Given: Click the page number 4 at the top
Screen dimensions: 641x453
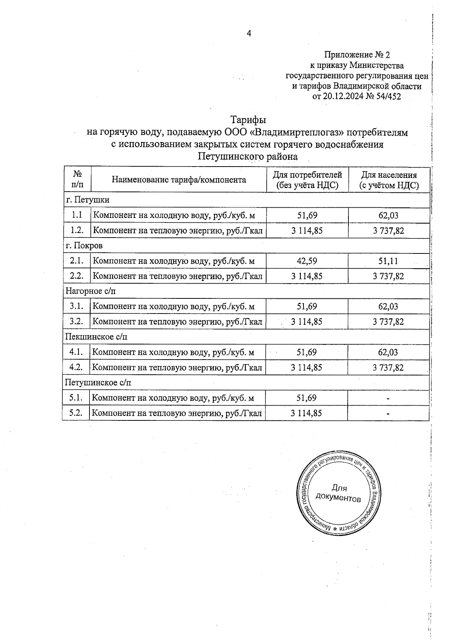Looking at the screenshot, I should tap(249, 34).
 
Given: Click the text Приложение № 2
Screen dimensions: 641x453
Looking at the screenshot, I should tap(357, 55).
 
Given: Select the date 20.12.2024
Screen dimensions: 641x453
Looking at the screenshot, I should tap(344, 96).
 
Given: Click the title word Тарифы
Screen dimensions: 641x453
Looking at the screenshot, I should tap(248, 120).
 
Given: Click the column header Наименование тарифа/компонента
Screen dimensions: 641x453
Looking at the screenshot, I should tap(179, 180).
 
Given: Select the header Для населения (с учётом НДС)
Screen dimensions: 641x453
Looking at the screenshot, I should tap(389, 180).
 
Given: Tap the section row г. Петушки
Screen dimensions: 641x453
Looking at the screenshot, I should tap(88, 200).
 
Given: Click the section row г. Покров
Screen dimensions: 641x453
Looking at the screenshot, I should tap(84, 246).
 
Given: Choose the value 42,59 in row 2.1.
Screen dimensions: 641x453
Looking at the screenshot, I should tap(307, 261).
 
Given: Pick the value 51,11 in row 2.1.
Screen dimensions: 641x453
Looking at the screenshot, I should tap(388, 261).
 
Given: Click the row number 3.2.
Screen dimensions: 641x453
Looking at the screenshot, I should tap(77, 321).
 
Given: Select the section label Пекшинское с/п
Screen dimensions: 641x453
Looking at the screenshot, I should tap(96, 337).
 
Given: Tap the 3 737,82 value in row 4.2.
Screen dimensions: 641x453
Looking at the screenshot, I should tap(388, 368).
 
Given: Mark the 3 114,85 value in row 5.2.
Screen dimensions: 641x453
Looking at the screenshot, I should tap(307, 413).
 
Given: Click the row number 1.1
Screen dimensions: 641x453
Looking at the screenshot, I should tap(77, 215).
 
